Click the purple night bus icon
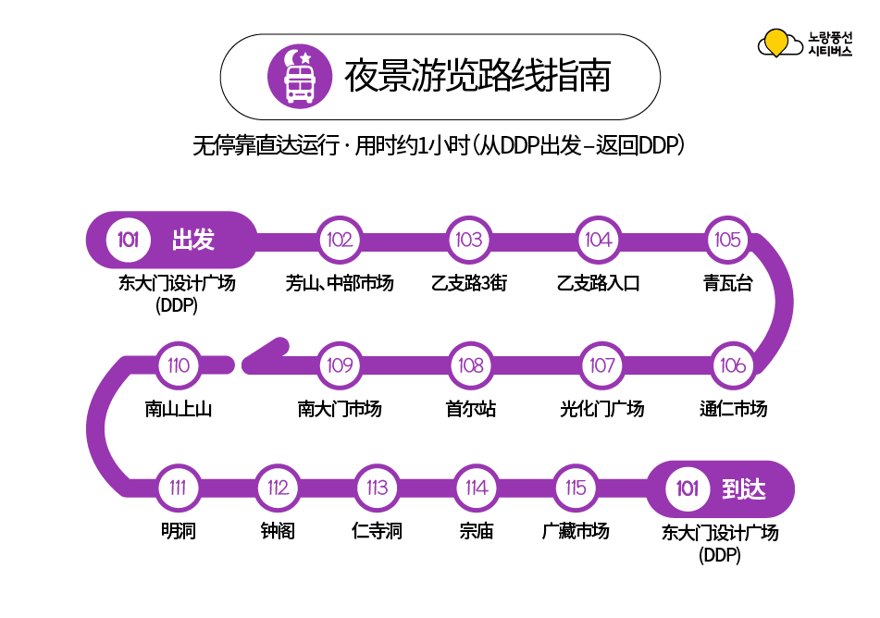pyautogui.click(x=299, y=76)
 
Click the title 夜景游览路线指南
pyautogui.click(x=477, y=76)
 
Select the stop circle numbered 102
pyautogui.click(x=340, y=240)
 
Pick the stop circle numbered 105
pyautogui.click(x=728, y=240)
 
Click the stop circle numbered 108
pyautogui.click(x=471, y=365)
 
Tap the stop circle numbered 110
pyautogui.click(x=179, y=365)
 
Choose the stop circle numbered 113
pyautogui.click(x=377, y=488)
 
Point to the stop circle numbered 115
pyautogui.click(x=576, y=488)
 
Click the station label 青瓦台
pyautogui.click(x=728, y=283)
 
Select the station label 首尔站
pyautogui.click(x=471, y=408)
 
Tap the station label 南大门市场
pyautogui.click(x=340, y=408)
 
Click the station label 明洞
pyautogui.click(x=178, y=531)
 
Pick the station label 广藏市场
pyautogui.click(x=576, y=531)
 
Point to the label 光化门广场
pyautogui.click(x=602, y=408)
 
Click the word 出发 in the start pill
pyautogui.click(x=193, y=241)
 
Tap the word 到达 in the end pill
pyautogui.click(x=744, y=488)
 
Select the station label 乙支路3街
pyautogui.click(x=469, y=283)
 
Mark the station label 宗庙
pyautogui.click(x=477, y=531)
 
